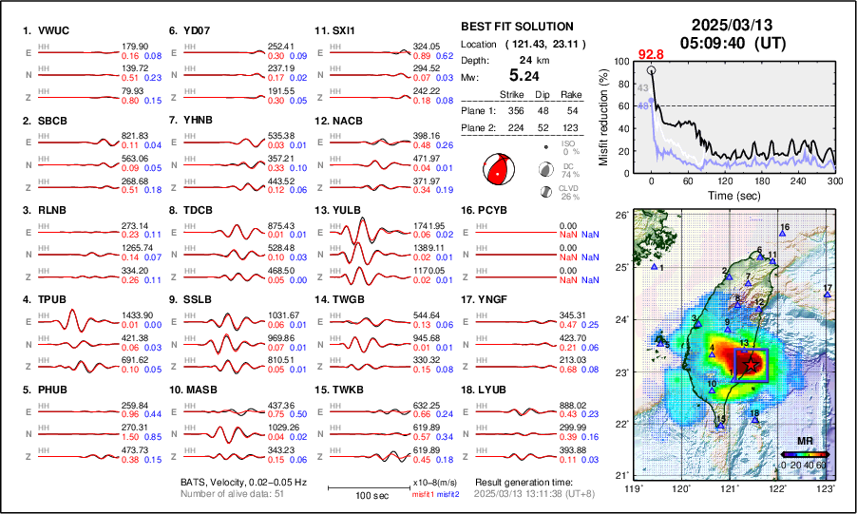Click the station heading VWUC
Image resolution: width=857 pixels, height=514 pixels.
(52, 30)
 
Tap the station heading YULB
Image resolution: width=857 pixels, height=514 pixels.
(348, 210)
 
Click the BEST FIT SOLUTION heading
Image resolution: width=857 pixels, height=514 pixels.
(516, 27)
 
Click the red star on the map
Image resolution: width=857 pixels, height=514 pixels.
(751, 364)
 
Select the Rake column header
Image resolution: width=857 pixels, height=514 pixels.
(570, 94)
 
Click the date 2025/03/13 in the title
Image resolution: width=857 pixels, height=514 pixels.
(731, 25)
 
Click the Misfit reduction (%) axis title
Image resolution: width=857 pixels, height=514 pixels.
(603, 116)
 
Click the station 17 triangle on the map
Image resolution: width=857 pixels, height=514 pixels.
(828, 295)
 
